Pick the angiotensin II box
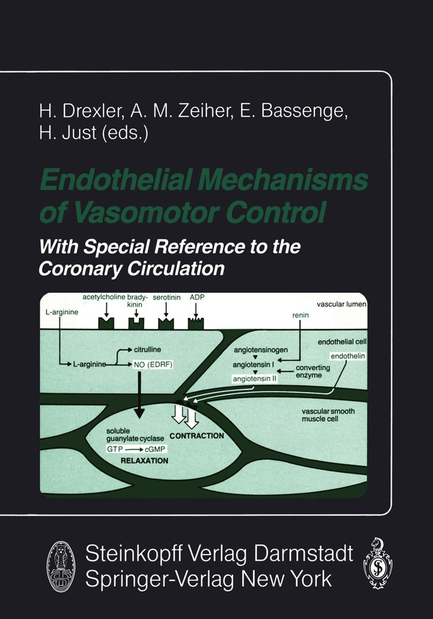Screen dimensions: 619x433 pyautogui.click(x=254, y=379)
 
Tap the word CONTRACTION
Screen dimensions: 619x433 pyautogui.click(x=197, y=436)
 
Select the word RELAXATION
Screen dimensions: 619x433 pyautogui.click(x=144, y=461)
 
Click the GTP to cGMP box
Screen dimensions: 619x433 pyautogui.click(x=136, y=448)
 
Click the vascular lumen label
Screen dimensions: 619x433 pyautogui.click(x=342, y=304)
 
